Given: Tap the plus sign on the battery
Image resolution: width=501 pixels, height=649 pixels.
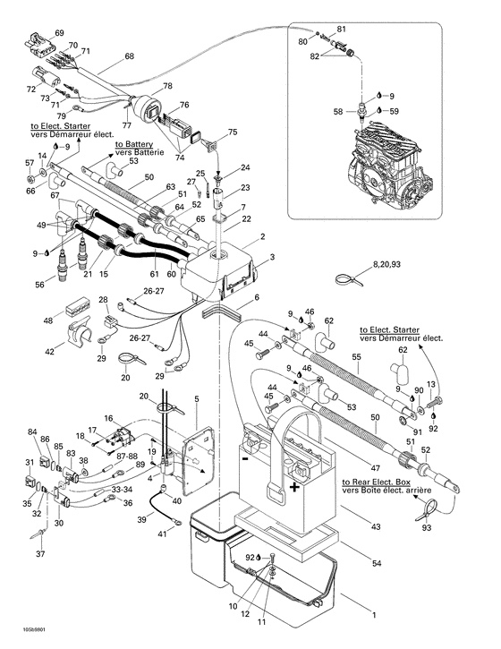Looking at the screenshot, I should (293, 488).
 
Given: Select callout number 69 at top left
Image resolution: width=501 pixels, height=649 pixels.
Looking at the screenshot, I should (60, 33).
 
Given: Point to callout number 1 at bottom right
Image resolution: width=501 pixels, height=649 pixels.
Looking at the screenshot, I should (374, 616).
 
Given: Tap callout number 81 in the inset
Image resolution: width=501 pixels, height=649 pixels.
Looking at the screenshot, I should (341, 30).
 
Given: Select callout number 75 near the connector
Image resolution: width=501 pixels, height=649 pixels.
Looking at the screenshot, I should (233, 132).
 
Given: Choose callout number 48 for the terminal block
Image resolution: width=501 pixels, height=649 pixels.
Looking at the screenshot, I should (47, 320).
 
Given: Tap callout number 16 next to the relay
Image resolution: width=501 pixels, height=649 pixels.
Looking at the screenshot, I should (108, 418).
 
